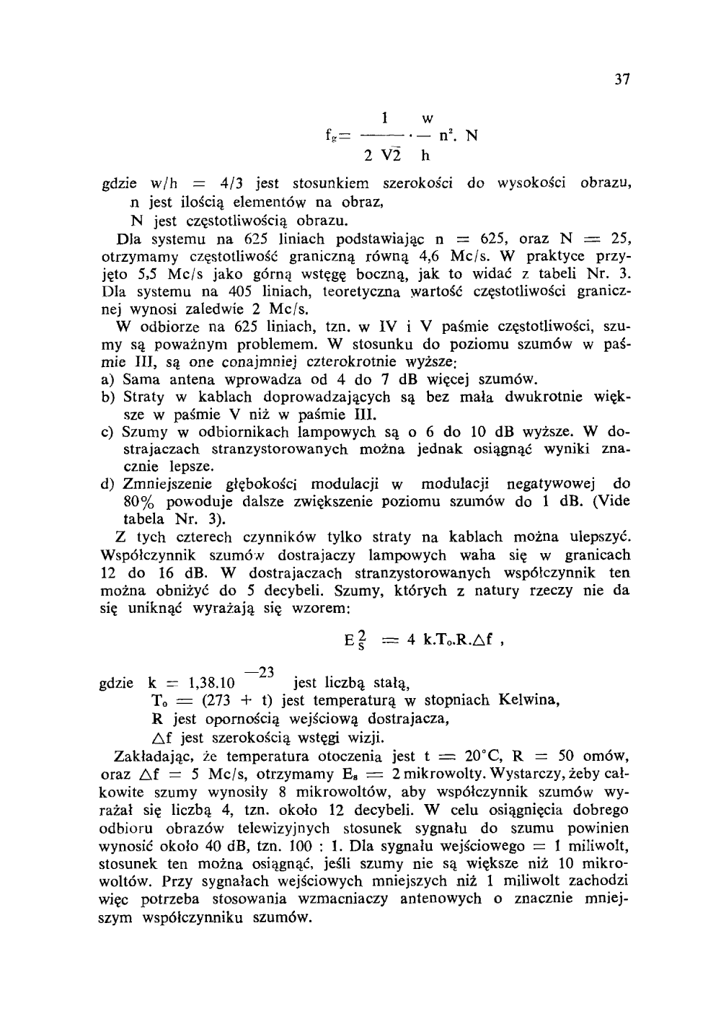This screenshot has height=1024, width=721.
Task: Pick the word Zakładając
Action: point(152,756)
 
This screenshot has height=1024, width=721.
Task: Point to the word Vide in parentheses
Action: point(611,502)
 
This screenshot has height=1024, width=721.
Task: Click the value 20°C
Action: point(484,756)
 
